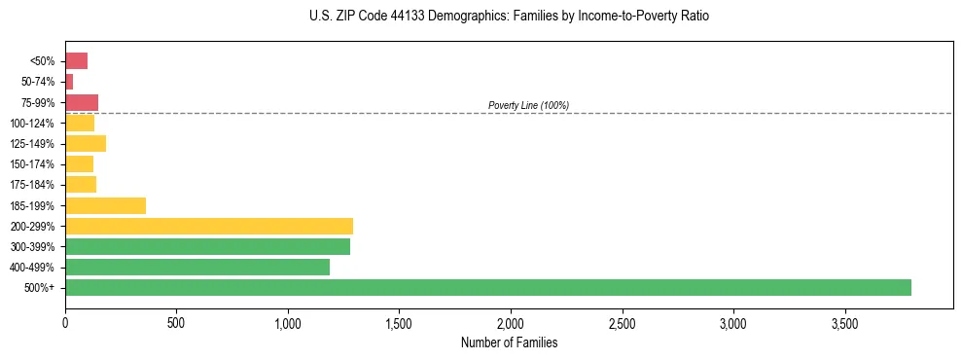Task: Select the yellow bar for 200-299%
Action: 209,226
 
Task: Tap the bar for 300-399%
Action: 207,246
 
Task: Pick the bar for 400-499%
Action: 197,267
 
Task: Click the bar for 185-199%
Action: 105,205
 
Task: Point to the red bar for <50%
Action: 77,61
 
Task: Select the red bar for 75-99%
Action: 82,102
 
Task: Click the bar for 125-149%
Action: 86,144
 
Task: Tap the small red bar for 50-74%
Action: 69,82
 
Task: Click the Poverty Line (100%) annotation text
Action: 528,105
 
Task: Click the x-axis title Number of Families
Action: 509,342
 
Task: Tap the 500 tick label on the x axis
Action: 176,323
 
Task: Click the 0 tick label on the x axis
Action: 65,323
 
